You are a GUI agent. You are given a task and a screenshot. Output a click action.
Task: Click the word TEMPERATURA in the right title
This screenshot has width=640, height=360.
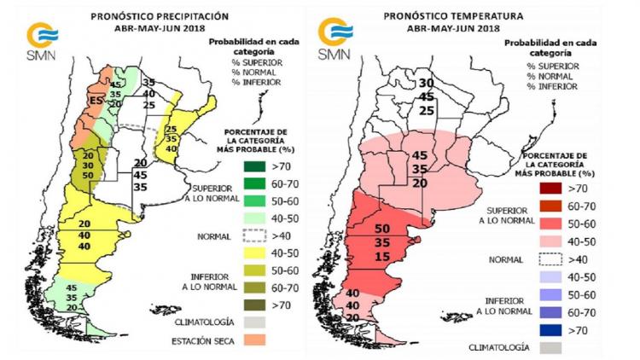click(475, 15)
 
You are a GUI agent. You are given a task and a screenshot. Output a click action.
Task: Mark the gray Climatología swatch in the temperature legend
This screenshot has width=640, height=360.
click(548, 347)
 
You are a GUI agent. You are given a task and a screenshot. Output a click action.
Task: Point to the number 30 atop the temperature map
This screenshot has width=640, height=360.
click(427, 83)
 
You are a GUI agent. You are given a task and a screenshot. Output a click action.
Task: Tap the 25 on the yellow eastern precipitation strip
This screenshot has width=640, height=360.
click(170, 129)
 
